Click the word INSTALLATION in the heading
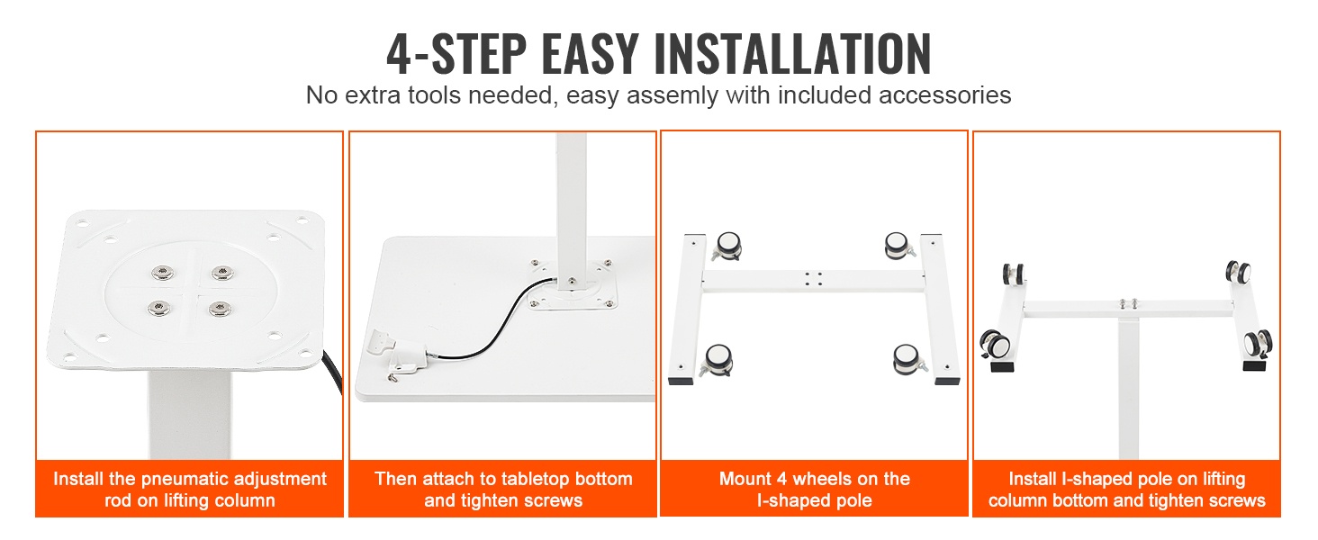click(x=792, y=54)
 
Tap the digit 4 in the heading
click(x=399, y=54)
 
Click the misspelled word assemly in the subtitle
click(x=673, y=96)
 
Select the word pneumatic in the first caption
click(x=208, y=479)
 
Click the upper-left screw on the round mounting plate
click(x=162, y=273)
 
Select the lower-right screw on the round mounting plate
click(x=220, y=308)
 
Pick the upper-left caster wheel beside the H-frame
click(x=727, y=246)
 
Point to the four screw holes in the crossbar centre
click(x=813, y=279)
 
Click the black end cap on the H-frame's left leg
click(x=681, y=382)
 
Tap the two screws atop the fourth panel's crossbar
click(x=1129, y=303)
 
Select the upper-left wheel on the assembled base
click(x=1013, y=274)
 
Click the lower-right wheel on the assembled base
click(x=1257, y=344)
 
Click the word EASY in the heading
click(x=590, y=54)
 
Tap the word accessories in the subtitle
click(x=945, y=96)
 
